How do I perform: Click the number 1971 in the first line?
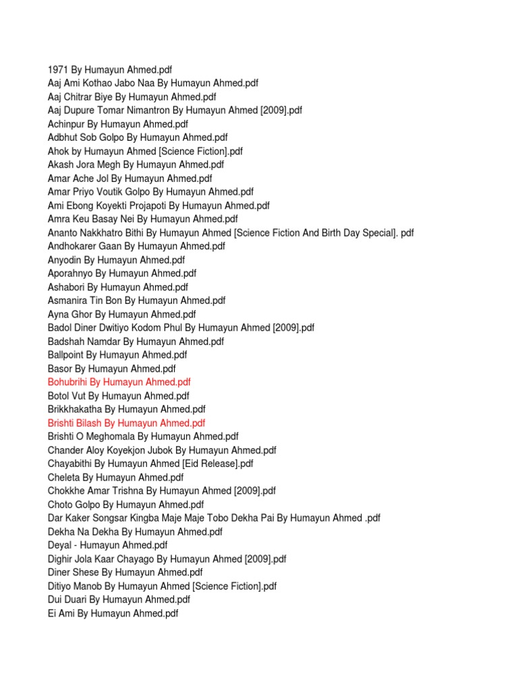[59, 69]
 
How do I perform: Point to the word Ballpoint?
[66, 354]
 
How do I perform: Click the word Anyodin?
[65, 260]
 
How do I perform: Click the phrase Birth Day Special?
[350, 232]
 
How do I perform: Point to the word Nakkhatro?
[105, 232]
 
